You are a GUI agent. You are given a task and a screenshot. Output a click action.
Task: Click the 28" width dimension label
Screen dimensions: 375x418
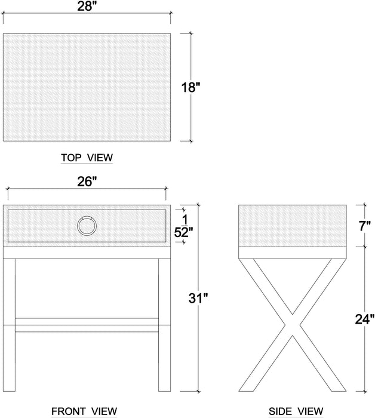pyautogui.click(x=87, y=6)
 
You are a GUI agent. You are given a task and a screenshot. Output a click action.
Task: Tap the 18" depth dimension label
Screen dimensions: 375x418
pyautogui.click(x=190, y=87)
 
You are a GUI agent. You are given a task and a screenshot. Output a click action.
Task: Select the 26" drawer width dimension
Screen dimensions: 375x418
pyautogui.click(x=87, y=182)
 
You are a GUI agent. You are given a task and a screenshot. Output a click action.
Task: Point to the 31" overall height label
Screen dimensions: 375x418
pyautogui.click(x=198, y=298)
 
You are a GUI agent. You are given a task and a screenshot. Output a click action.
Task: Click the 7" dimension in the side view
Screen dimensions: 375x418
pyautogui.click(x=365, y=226)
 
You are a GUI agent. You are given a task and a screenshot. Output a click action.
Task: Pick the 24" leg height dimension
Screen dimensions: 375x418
pyautogui.click(x=365, y=319)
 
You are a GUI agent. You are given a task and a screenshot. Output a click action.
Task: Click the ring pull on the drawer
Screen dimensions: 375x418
pyautogui.click(x=87, y=226)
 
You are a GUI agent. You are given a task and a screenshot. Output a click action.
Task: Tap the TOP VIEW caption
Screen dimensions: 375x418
pyautogui.click(x=87, y=158)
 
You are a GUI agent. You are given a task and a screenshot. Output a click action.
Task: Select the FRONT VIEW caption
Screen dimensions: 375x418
pyautogui.click(x=84, y=411)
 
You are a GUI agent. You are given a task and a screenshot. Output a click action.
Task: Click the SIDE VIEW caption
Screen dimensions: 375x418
pyautogui.click(x=296, y=411)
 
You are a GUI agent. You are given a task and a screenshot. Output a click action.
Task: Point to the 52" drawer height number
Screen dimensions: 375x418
pyautogui.click(x=183, y=233)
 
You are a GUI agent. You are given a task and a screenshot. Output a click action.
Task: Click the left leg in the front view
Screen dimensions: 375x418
pyautogui.click(x=9, y=325)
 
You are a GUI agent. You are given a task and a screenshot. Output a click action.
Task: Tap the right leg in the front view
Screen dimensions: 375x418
pyautogui.click(x=164, y=325)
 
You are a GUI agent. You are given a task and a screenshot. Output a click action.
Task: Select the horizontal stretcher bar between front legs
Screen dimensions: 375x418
pyautogui.click(x=87, y=325)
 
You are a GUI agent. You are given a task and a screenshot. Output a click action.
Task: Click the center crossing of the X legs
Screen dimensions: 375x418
pyautogui.click(x=293, y=325)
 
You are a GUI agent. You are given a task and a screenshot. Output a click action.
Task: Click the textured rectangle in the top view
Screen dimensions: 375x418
pyautogui.click(x=87, y=87)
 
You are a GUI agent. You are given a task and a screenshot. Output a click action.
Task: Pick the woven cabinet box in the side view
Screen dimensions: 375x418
pyautogui.click(x=293, y=226)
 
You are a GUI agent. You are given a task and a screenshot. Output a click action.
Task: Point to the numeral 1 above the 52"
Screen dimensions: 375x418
pyautogui.click(x=185, y=220)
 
